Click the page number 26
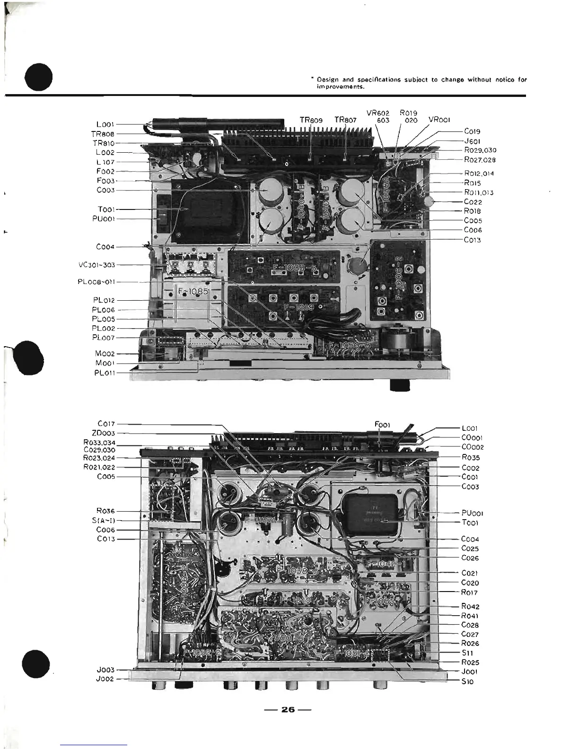click(288, 709)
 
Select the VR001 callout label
click(439, 120)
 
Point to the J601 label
click(472, 141)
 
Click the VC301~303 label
click(96, 265)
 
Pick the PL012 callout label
click(104, 300)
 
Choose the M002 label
click(105, 354)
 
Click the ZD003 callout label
click(103, 433)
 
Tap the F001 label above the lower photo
click(382, 425)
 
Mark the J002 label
click(105, 679)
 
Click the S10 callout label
click(467, 681)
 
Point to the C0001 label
click(472, 438)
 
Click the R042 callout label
click(470, 607)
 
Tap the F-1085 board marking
click(193, 292)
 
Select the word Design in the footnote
click(326, 80)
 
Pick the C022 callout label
click(473, 202)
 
